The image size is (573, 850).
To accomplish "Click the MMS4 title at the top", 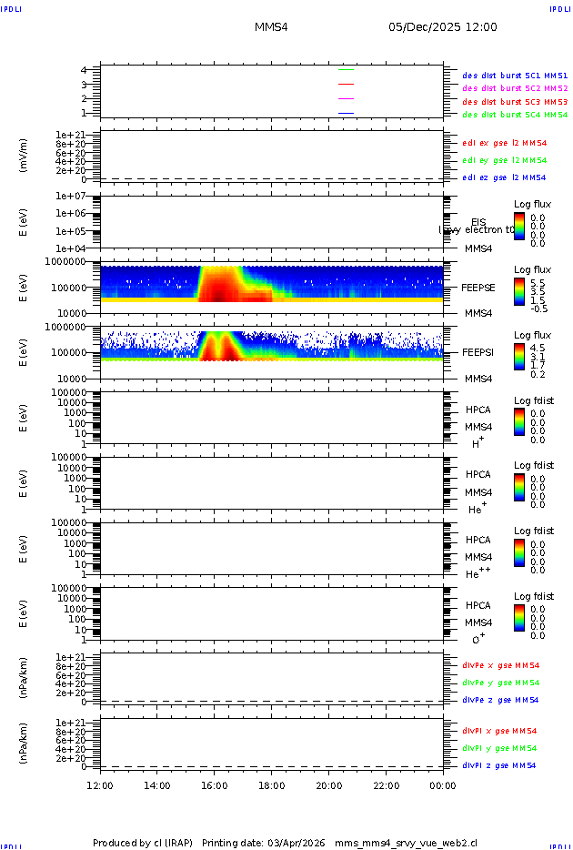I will click(x=271, y=27).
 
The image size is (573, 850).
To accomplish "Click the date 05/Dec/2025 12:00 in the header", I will click(x=443, y=27).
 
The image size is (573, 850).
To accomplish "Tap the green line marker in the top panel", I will click(x=346, y=69).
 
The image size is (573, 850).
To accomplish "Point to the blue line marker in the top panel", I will click(x=346, y=113).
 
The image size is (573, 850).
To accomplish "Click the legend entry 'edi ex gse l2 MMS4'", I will click(x=505, y=143).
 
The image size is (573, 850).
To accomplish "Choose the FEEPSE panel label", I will click(x=478, y=287).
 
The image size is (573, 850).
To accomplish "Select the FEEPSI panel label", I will click(x=478, y=352).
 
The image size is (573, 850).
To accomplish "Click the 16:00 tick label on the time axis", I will click(x=215, y=786).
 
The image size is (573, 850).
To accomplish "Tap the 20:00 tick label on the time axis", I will click(x=328, y=786).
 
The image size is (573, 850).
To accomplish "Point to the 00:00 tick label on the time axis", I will click(x=443, y=786).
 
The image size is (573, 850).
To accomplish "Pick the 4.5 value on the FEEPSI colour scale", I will click(x=538, y=347).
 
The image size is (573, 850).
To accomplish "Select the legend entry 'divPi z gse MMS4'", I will click(x=498, y=765).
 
